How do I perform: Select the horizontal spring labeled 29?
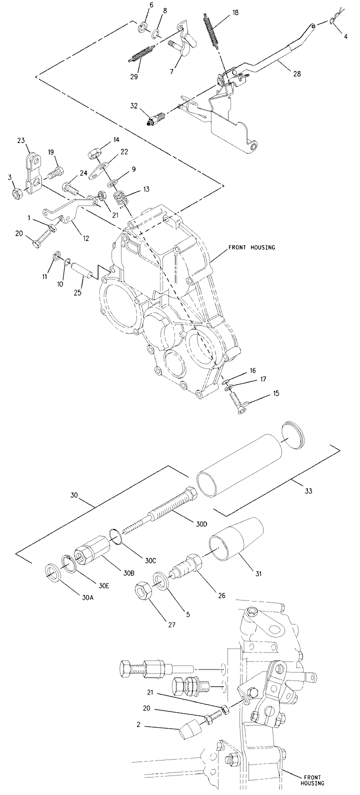(x=141, y=54)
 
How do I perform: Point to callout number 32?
(x=134, y=106)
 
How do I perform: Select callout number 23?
(x=21, y=140)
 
